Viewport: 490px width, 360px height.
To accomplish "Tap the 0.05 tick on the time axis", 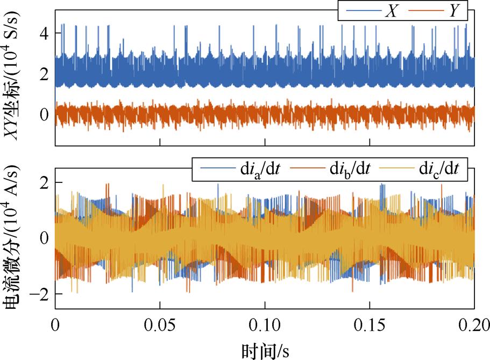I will [x=160, y=326].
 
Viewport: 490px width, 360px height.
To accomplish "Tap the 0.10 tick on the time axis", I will [x=265, y=326].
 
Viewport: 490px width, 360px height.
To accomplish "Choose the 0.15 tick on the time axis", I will [x=370, y=326].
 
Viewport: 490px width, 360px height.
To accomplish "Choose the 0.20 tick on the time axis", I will [x=473, y=326].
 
